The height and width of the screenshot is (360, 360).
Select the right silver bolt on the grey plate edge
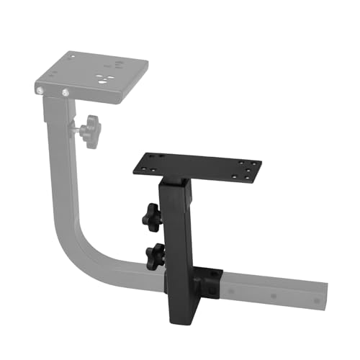click(x=66, y=92)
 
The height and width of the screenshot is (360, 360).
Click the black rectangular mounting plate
click(x=198, y=167)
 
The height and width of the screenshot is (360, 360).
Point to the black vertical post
click(x=176, y=230)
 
